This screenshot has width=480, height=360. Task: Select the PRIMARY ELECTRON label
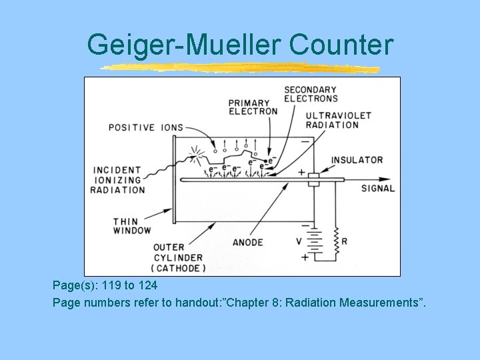[x=253, y=107]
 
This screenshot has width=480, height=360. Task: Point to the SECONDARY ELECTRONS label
[x=311, y=95]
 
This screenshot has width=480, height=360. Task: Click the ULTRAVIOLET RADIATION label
[x=338, y=120]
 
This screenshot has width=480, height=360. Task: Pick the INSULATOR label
[x=357, y=160]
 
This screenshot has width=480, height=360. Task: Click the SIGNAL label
[x=378, y=189]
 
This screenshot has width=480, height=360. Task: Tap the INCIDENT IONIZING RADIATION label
[x=118, y=180]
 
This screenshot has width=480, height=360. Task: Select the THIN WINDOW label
[x=127, y=226]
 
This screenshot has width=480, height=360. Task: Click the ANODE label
[x=247, y=243]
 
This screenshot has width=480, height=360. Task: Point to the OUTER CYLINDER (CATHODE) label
[x=178, y=257]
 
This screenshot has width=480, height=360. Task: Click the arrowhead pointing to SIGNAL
[x=385, y=179]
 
